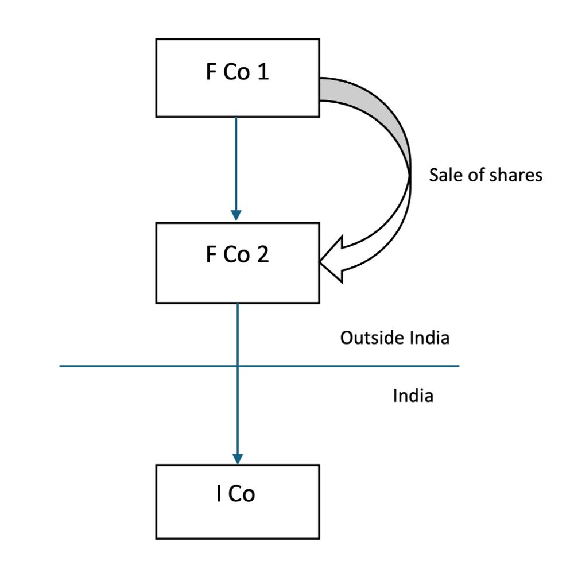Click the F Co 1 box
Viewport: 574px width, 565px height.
point(237,78)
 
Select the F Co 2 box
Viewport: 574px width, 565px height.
point(237,263)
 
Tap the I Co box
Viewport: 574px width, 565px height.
point(237,501)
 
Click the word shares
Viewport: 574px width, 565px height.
point(515,175)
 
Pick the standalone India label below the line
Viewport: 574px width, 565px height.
point(413,396)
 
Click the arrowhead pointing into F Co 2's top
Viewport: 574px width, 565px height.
point(236,216)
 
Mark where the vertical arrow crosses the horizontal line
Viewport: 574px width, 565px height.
point(236,366)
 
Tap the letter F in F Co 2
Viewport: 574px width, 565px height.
point(211,256)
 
